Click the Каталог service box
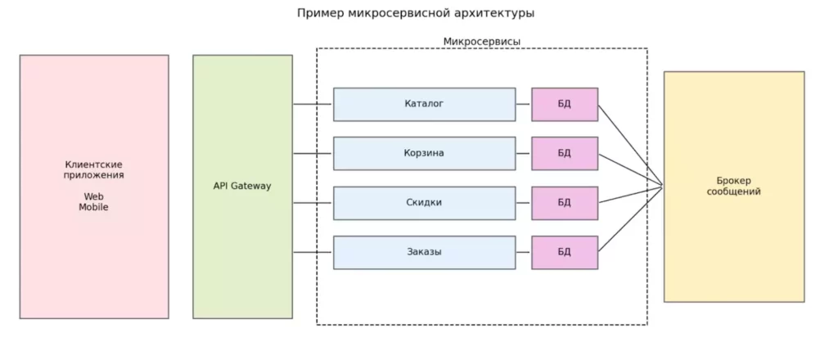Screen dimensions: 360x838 click(424, 104)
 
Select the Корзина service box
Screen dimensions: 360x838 click(424, 153)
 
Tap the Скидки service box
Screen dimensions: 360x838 click(424, 203)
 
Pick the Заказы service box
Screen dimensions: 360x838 click(424, 252)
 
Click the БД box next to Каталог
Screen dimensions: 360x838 click(565, 104)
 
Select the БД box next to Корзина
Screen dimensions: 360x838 click(565, 153)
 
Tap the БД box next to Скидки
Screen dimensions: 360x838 click(565, 203)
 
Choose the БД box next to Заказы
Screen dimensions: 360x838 click(565, 252)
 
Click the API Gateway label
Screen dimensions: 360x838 click(242, 186)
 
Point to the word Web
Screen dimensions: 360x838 click(93, 196)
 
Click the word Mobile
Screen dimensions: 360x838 click(93, 207)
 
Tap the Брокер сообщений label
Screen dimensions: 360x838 click(734, 186)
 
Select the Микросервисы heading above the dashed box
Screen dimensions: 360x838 click(481, 41)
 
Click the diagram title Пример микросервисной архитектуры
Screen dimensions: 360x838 click(418, 13)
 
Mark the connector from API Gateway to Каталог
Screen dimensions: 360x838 click(313, 104)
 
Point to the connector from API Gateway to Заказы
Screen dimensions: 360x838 click(313, 252)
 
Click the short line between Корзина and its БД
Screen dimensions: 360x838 click(524, 153)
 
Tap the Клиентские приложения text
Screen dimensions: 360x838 click(93, 169)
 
